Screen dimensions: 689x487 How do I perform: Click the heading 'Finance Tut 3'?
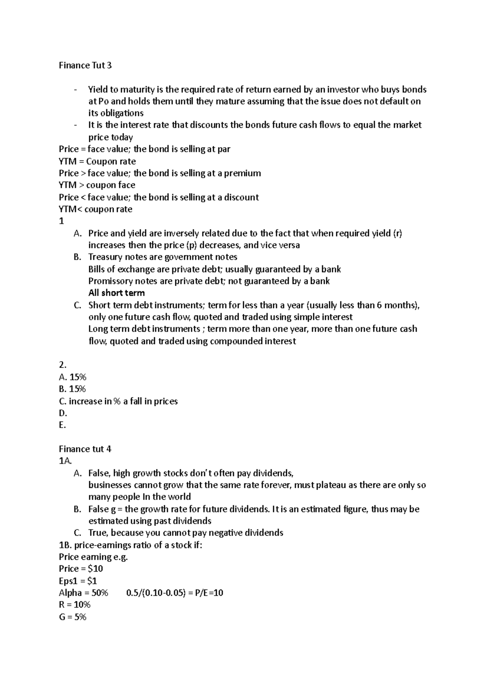coord(85,65)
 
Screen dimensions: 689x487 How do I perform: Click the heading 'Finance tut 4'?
coord(85,449)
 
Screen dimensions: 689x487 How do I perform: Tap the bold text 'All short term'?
coord(116,293)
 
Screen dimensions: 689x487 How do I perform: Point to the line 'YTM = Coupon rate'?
coord(97,161)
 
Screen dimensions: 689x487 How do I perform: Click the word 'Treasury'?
coord(105,257)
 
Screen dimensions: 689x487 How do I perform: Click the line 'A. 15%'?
coord(72,377)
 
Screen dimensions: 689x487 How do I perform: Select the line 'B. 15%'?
coord(72,389)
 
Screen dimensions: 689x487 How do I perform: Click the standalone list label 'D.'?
coord(63,413)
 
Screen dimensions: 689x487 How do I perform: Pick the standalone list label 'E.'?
coord(62,425)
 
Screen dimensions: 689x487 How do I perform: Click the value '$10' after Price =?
coord(95,568)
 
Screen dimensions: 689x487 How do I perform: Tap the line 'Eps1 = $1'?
coord(78,581)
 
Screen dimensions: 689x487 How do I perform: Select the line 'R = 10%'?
coord(74,605)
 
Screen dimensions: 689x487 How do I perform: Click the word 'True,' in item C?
coord(98,533)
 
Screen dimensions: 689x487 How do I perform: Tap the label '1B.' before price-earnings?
coord(65,545)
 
